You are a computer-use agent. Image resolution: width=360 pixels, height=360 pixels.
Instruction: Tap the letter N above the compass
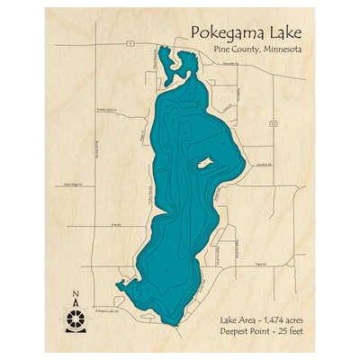[x=76, y=293]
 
